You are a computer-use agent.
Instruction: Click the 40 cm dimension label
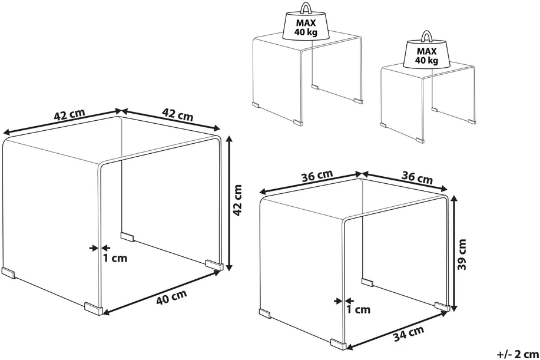tap(171, 297)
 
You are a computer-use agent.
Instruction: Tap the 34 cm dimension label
tap(409, 333)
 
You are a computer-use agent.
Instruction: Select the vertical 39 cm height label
tap(463, 255)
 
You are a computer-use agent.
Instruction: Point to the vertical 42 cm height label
tap(238, 200)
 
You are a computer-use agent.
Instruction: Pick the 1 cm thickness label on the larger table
tap(115, 258)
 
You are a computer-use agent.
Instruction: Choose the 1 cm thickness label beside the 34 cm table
tap(358, 310)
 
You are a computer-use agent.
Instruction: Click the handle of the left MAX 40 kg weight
tap(305, 8)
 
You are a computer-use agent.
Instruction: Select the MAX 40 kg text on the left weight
tap(306, 28)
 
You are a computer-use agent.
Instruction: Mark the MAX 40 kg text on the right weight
tap(427, 56)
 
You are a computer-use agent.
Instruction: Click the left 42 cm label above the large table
tap(69, 115)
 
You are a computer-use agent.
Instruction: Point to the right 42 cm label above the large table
tap(178, 114)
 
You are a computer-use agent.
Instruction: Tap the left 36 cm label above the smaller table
tap(317, 176)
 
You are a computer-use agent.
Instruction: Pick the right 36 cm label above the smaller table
tap(417, 177)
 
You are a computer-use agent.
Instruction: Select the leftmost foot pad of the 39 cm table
tap(265, 314)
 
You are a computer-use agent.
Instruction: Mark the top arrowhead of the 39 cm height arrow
tap(455, 200)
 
